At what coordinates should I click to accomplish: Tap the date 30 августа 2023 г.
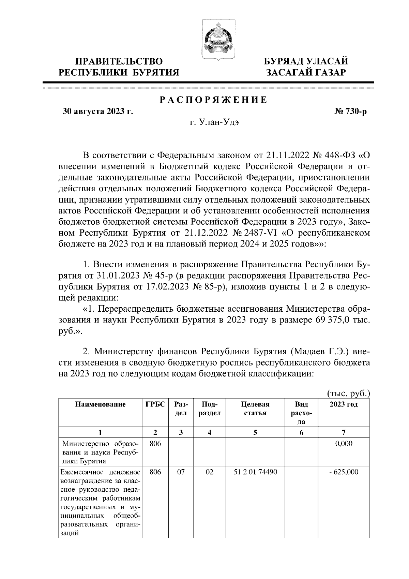tap(97, 112)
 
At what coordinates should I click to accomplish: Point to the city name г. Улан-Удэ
tap(214, 123)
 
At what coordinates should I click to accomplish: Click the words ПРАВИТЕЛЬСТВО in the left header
tap(119, 62)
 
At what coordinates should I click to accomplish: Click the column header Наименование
tap(100, 405)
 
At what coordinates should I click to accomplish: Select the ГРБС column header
tap(155, 405)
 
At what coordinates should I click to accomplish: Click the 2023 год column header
tap(344, 405)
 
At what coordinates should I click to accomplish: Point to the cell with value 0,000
tap(344, 444)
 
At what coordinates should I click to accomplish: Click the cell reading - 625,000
tap(344, 472)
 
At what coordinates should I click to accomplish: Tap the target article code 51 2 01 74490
tap(255, 472)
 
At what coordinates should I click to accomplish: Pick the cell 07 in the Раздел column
tap(181, 472)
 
